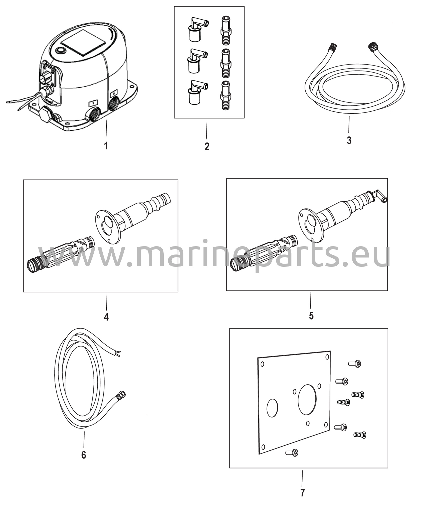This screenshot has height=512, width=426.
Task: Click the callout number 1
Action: tap(106, 145)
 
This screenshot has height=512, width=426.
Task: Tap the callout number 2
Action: tap(207, 146)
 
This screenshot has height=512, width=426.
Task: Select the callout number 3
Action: tap(349, 140)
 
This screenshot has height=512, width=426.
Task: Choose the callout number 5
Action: tap(311, 316)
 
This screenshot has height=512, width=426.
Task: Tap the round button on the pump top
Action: tap(61, 51)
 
